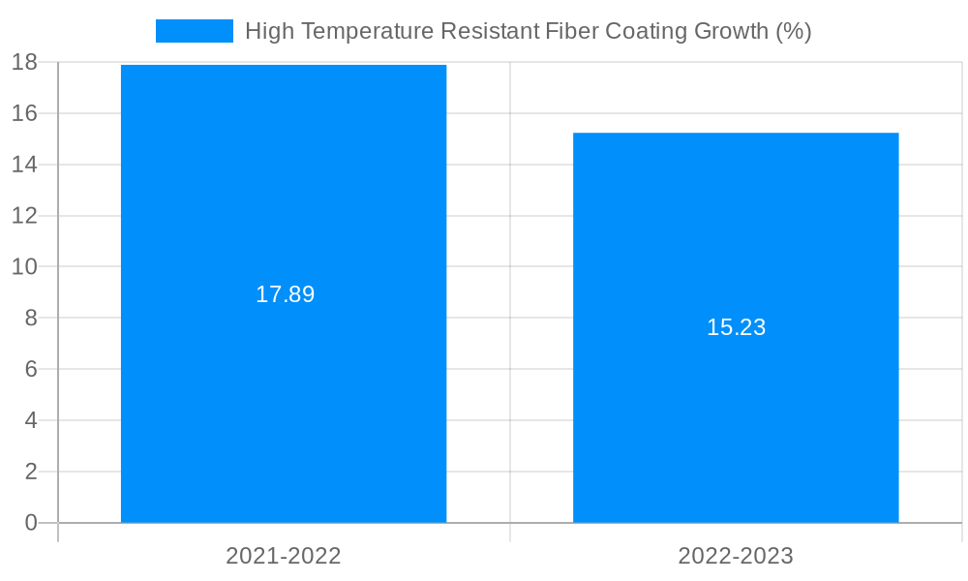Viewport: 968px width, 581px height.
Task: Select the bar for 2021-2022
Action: click(284, 387)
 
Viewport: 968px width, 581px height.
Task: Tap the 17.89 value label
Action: click(285, 294)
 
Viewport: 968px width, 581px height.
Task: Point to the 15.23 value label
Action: click(736, 327)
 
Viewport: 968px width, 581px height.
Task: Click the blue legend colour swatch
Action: click(195, 31)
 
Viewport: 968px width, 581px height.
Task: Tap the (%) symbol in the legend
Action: click(793, 31)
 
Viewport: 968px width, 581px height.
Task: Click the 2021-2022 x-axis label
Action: click(284, 556)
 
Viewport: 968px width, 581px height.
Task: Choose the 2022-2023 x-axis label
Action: click(736, 556)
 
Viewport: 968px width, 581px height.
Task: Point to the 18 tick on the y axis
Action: click(24, 62)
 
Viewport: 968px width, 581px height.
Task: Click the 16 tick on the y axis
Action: click(24, 113)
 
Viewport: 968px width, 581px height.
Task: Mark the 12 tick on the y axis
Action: click(24, 216)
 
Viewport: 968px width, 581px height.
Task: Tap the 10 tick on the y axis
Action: click(24, 266)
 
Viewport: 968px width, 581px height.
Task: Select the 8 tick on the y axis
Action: click(30, 318)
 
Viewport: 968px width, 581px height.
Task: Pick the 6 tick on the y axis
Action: click(30, 369)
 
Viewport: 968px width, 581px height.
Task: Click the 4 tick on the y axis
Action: click(30, 420)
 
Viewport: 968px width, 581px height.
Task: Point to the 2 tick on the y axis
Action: click(30, 472)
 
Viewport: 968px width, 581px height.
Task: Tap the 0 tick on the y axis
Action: click(30, 523)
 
